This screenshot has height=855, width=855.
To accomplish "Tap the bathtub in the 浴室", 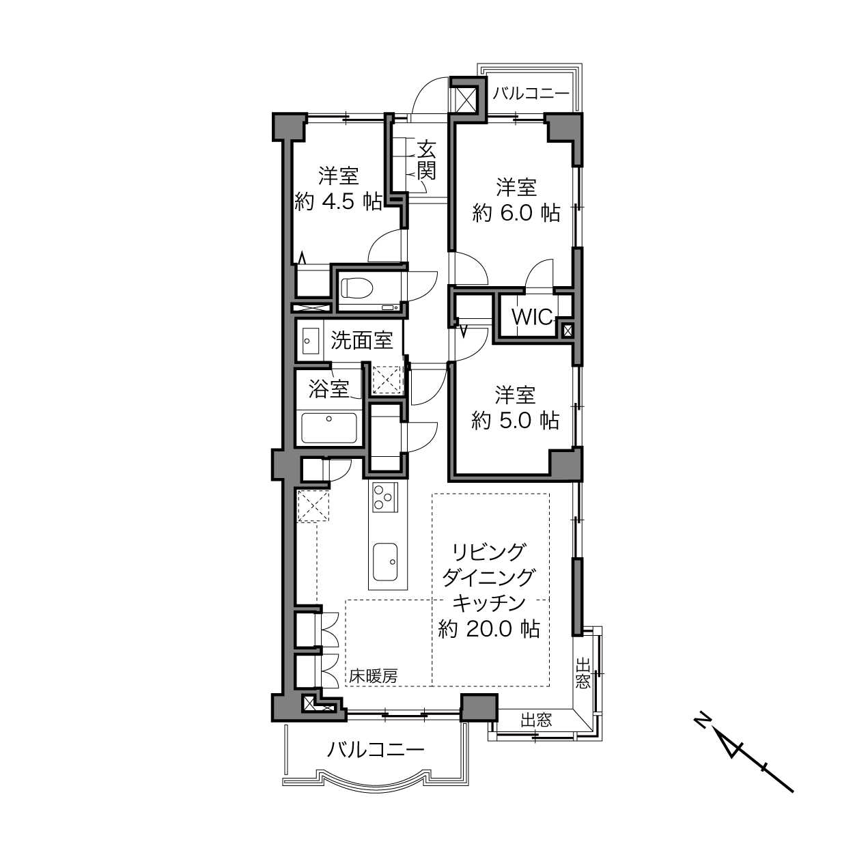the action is pos(328,427).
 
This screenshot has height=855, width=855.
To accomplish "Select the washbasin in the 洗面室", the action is pos(310,341).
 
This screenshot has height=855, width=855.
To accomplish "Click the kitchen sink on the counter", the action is pos(385,562).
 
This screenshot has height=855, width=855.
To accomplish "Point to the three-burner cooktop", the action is pos(385,498).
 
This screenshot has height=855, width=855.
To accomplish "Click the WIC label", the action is pos(531,317).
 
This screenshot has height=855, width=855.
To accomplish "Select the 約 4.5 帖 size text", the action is pos(338,202).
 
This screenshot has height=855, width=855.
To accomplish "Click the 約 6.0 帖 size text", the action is pos(516,214).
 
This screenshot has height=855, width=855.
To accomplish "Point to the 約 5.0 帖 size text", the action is pos(515,420).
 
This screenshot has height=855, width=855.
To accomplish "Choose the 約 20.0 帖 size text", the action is pos(489,629).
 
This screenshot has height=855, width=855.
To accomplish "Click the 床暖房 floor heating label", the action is pos(373,676).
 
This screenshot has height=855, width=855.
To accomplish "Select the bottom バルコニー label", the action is pos(376,749).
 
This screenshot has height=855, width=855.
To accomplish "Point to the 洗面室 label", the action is pos(362,340).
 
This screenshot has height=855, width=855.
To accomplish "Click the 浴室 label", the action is pos(328,389).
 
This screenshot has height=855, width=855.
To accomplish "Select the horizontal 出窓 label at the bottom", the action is pos(536,720).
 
